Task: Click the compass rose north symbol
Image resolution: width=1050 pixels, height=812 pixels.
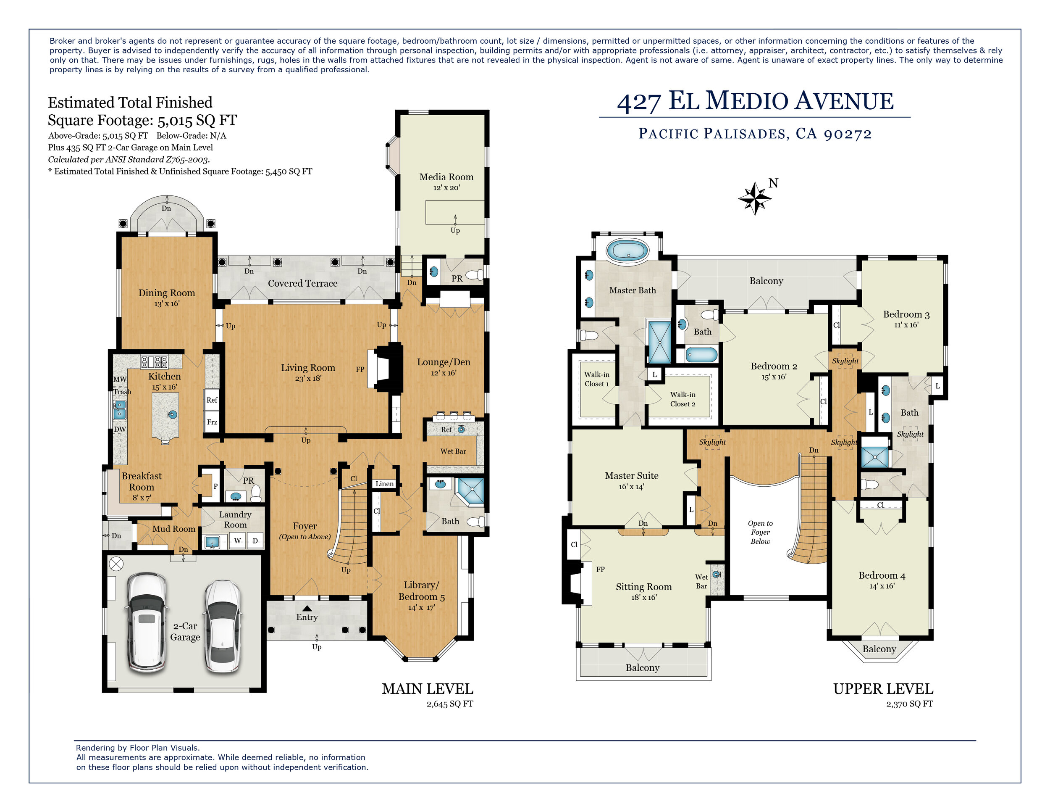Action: [755, 198]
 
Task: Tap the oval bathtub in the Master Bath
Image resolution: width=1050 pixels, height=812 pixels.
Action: [627, 251]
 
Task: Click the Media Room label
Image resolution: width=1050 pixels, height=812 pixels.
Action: [446, 177]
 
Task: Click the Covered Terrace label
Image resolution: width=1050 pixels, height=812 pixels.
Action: [302, 283]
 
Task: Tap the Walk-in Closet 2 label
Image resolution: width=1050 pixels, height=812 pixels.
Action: [682, 399]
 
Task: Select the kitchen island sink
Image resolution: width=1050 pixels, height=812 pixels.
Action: [172, 414]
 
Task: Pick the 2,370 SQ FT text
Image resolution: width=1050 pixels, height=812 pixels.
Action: [909, 704]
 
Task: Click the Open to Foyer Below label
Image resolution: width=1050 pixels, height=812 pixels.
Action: [760, 532]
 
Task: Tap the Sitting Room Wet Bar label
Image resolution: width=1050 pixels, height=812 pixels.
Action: [701, 581]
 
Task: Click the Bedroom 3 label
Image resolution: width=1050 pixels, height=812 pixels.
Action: [906, 315]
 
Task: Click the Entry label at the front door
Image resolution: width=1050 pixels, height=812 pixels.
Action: [307, 617]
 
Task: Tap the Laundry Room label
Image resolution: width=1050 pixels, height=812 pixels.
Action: [235, 519]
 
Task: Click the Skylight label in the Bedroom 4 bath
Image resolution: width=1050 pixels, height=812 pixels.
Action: [910, 434]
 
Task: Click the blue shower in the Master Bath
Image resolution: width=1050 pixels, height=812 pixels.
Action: [660, 342]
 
